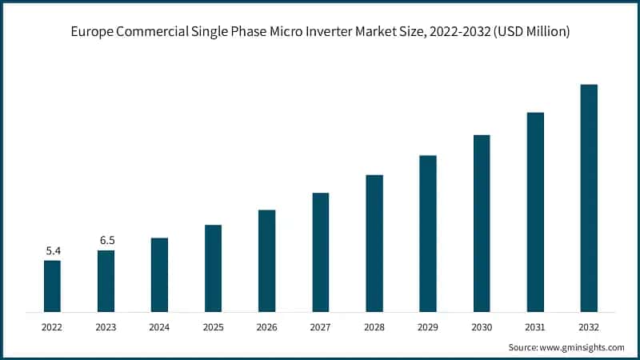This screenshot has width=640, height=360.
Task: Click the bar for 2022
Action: tap(52, 286)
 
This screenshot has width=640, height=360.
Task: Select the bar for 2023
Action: tap(106, 281)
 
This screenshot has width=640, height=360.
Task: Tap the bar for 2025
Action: tap(213, 268)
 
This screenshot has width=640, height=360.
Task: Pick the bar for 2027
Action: tap(321, 252)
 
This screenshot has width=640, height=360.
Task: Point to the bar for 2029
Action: tap(428, 233)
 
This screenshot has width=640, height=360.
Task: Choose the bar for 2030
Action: tap(482, 223)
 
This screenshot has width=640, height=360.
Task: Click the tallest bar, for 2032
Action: tap(589, 198)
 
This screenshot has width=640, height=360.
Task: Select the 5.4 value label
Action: tap(52, 250)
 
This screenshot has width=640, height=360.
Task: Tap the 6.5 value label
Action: tap(106, 240)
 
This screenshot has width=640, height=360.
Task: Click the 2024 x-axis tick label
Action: tap(159, 326)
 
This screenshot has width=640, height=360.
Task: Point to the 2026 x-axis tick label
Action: tap(266, 326)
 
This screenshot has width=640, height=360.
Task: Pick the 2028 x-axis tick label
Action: tap(374, 326)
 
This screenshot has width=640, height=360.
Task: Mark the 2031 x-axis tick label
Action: tap(535, 326)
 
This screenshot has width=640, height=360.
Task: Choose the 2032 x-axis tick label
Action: tap(589, 326)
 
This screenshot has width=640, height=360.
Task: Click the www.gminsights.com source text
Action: tap(581, 347)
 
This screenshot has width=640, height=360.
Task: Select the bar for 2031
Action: tap(535, 212)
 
